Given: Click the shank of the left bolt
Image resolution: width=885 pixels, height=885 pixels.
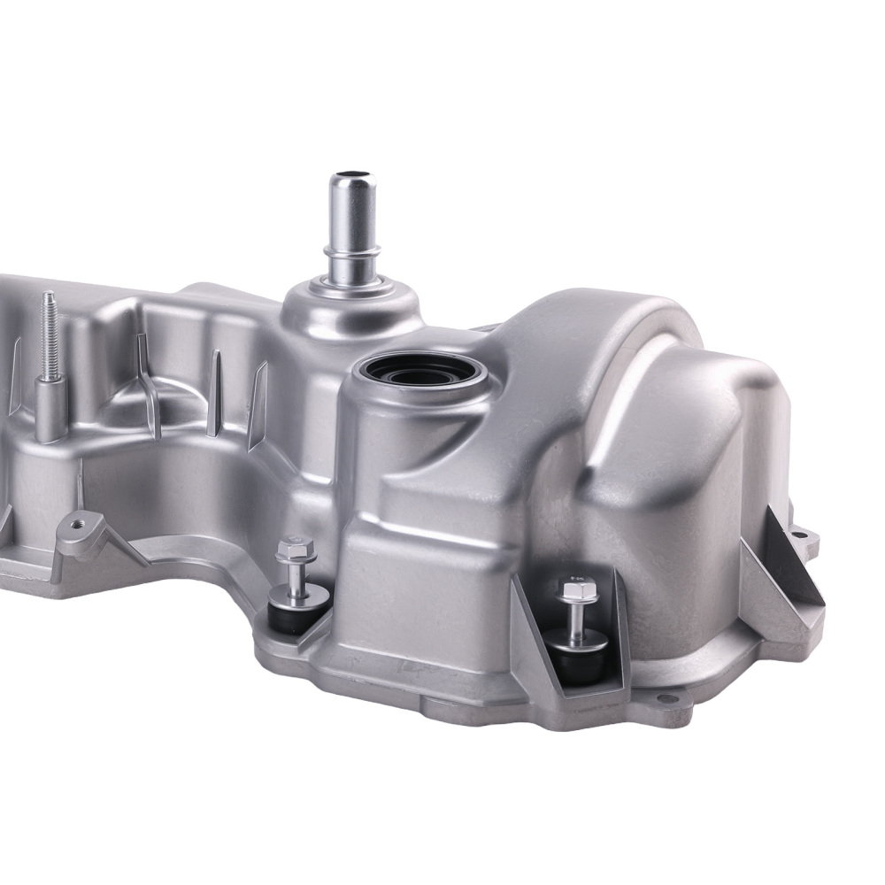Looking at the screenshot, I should (291, 577).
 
